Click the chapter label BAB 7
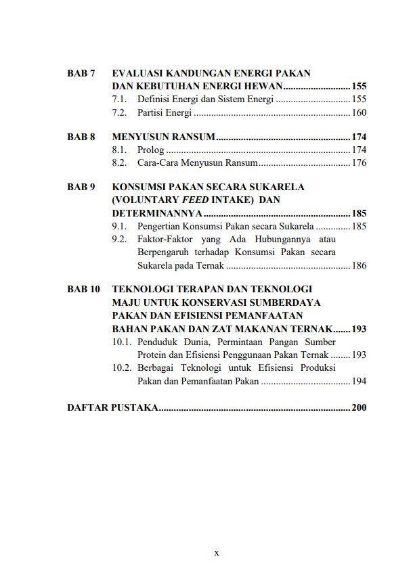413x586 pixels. pyautogui.click(x=81, y=73)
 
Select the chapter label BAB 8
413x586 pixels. pyautogui.click(x=81, y=137)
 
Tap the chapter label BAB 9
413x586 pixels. pyautogui.click(x=81, y=187)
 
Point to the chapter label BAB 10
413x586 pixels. pyautogui.click(x=84, y=289)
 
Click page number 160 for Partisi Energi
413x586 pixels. pyautogui.click(x=359, y=112)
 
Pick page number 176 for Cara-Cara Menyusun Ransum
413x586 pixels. pyautogui.click(x=359, y=163)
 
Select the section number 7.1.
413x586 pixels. pyautogui.click(x=120, y=99)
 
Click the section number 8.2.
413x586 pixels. pyautogui.click(x=120, y=163)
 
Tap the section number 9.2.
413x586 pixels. pyautogui.click(x=120, y=239)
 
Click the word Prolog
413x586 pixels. pyautogui.click(x=150, y=150)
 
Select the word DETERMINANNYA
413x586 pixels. pyautogui.click(x=157, y=213)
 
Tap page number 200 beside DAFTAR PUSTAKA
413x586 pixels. pyautogui.click(x=359, y=408)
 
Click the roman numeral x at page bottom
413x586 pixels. pyautogui.click(x=217, y=553)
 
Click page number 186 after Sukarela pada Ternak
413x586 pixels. pyautogui.click(x=359, y=265)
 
